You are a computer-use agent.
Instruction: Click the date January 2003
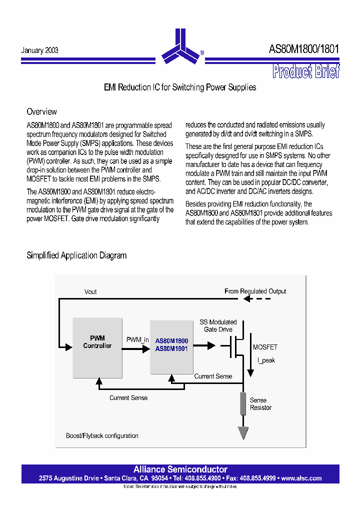click(x=39, y=50)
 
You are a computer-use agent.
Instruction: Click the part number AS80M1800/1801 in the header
click(x=303, y=49)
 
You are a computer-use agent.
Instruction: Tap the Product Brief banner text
click(x=306, y=71)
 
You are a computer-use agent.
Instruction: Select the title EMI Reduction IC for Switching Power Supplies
click(x=180, y=87)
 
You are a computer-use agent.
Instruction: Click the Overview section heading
click(x=41, y=111)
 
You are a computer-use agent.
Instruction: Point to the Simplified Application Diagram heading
click(x=76, y=255)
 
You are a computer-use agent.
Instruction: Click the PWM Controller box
click(x=97, y=347)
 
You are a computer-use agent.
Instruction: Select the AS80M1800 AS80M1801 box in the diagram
click(x=171, y=345)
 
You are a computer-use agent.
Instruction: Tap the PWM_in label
click(x=137, y=340)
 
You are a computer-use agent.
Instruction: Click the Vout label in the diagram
click(x=90, y=292)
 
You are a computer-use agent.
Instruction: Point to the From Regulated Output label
click(x=255, y=291)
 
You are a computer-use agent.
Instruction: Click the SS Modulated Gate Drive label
click(x=218, y=326)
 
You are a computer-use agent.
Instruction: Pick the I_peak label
click(x=266, y=360)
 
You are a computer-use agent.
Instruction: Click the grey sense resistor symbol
click(x=243, y=403)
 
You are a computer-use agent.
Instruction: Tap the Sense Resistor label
click(x=260, y=404)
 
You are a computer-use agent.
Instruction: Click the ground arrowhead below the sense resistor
click(x=243, y=433)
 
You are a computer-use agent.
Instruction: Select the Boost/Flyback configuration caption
click(x=102, y=435)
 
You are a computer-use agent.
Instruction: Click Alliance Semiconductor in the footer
click(x=180, y=469)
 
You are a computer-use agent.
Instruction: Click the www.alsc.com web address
click(x=301, y=478)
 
